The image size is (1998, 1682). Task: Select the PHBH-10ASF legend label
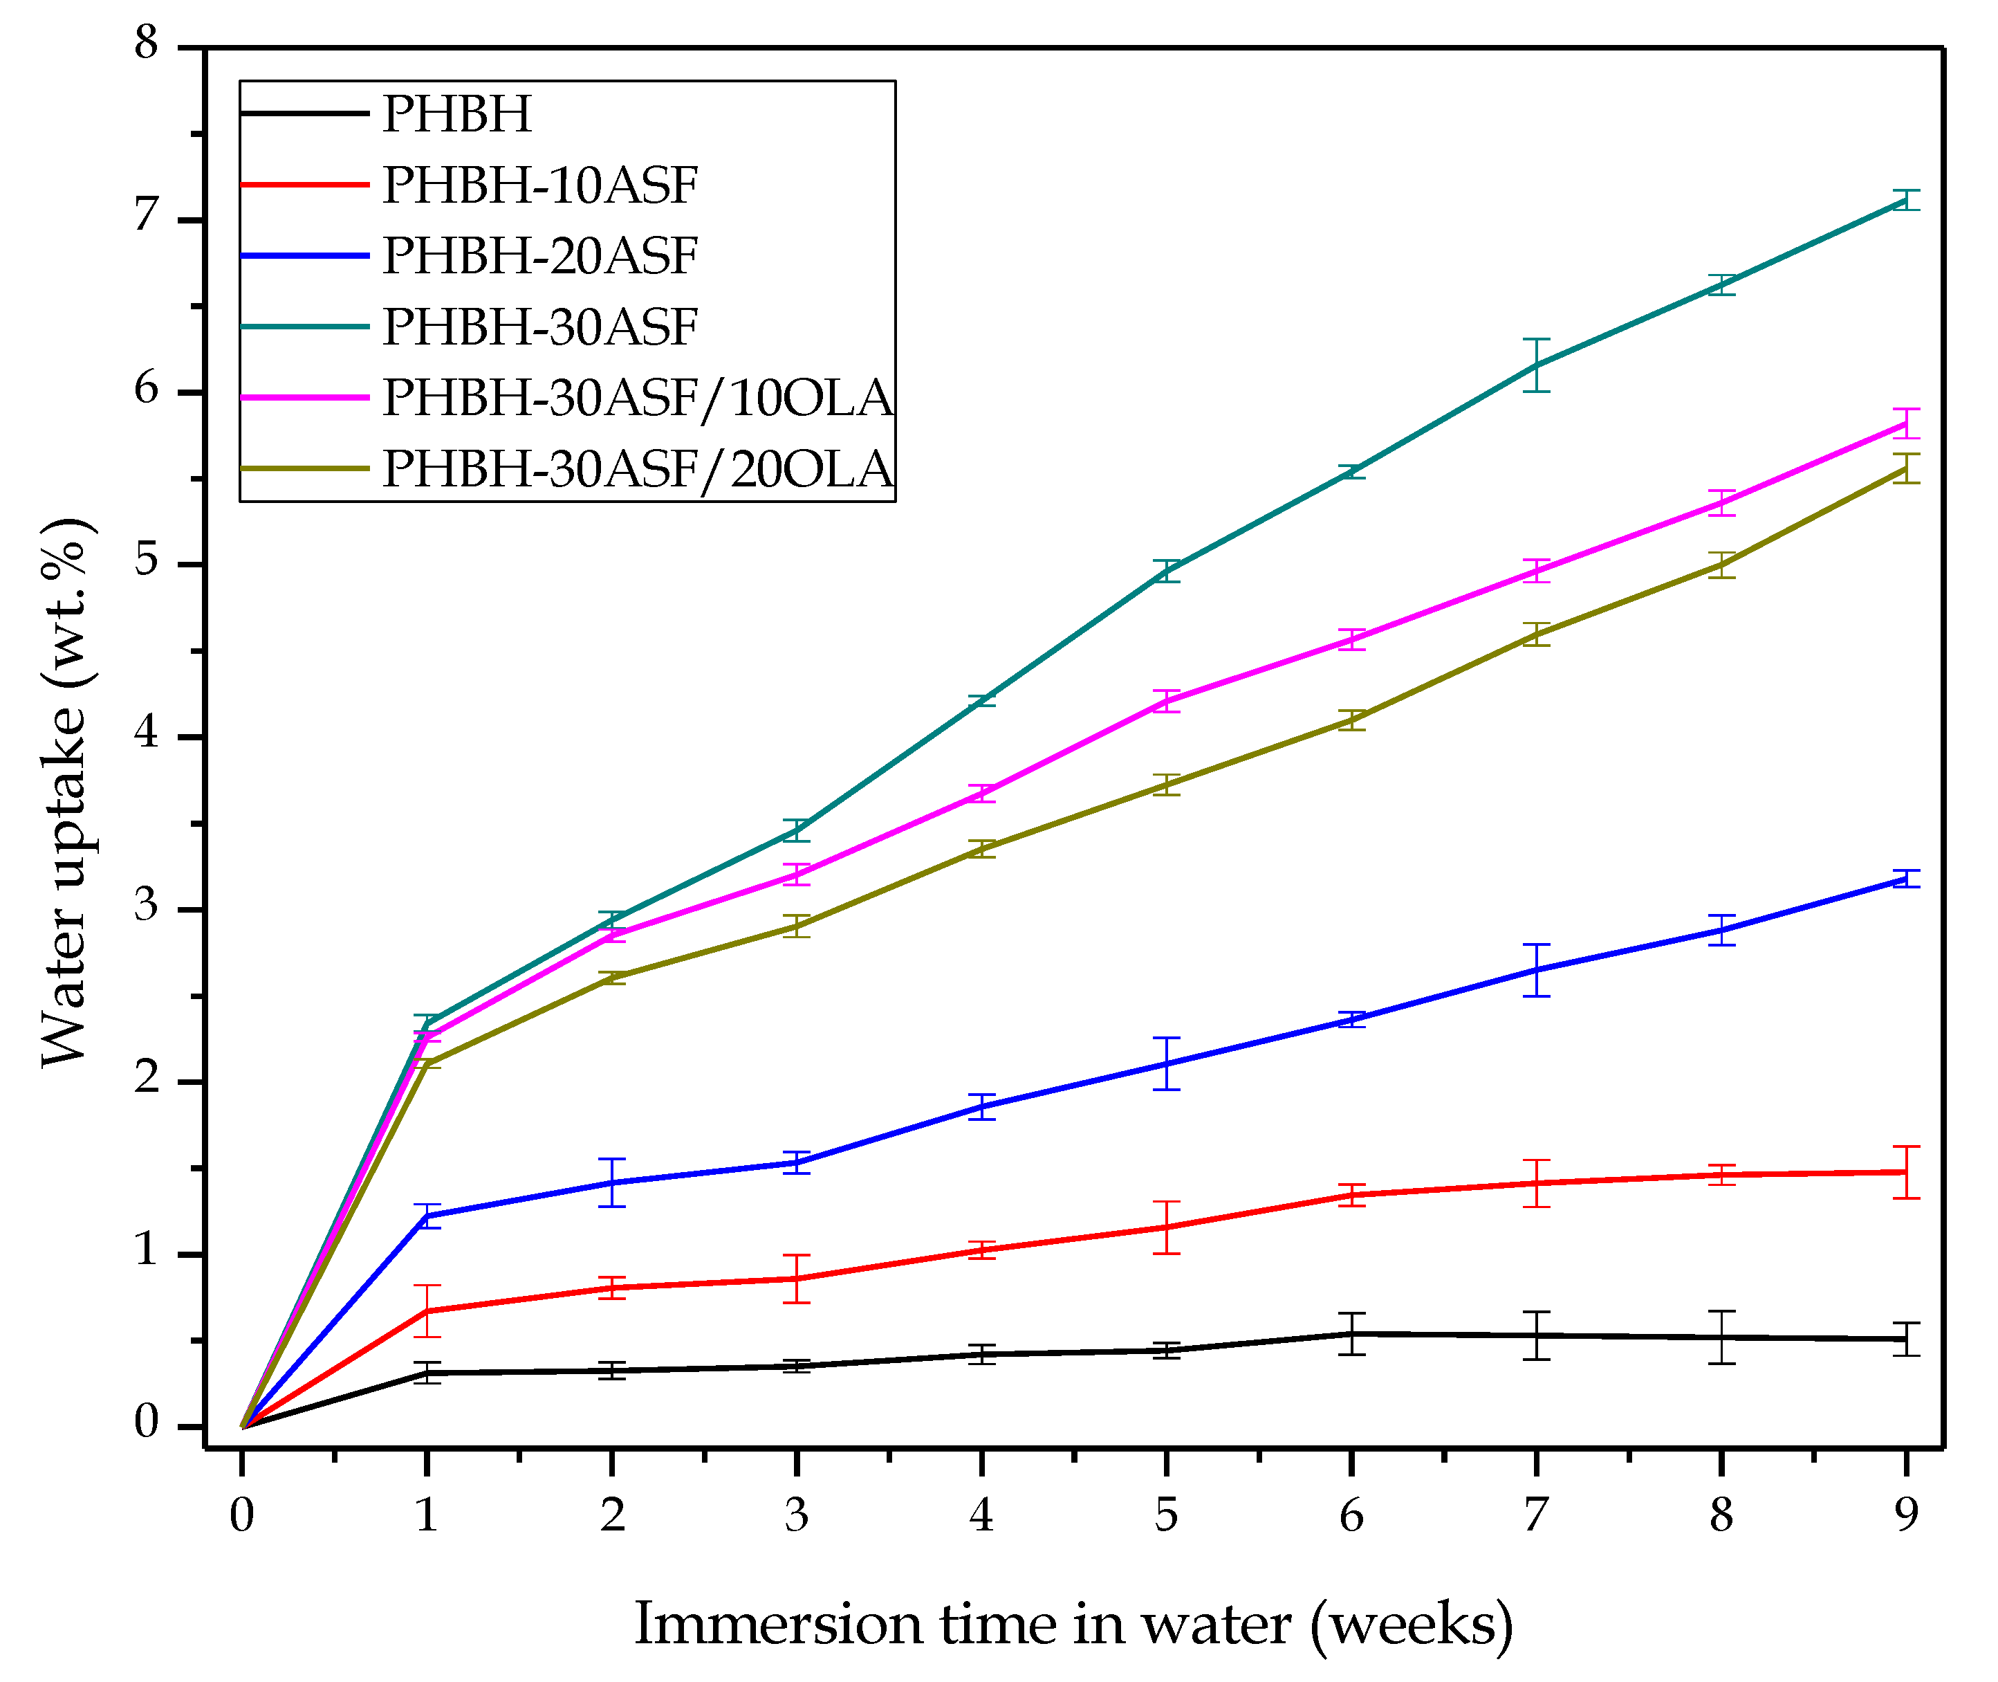click(539, 185)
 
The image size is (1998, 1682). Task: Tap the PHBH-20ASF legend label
click(539, 255)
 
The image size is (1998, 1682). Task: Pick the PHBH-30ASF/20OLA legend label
click(637, 468)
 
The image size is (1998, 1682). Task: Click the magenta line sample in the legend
click(304, 396)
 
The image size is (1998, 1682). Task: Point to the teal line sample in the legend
click(304, 326)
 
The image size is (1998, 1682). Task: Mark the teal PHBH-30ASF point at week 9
click(1905, 200)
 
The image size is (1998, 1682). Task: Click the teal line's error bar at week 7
click(1536, 365)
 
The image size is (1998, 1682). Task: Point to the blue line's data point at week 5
click(1166, 1063)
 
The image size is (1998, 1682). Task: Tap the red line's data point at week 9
click(1905, 1172)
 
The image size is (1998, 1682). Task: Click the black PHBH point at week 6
click(1351, 1334)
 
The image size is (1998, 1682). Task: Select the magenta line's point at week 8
click(1721, 502)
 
